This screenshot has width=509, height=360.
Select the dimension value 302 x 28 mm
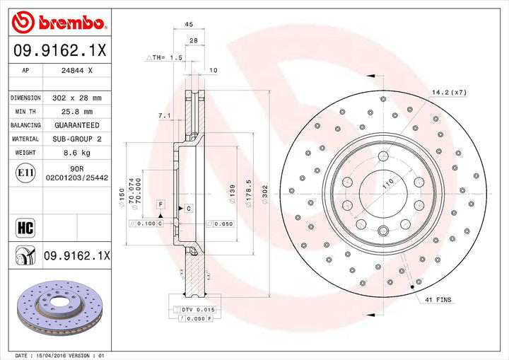[77, 98]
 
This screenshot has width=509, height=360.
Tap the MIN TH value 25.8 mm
[77, 112]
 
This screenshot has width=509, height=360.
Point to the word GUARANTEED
[78, 125]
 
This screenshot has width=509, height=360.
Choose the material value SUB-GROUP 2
[78, 139]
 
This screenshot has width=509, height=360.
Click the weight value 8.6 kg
[78, 153]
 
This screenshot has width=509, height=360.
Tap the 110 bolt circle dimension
[387, 184]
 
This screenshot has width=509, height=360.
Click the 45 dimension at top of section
[189, 25]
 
